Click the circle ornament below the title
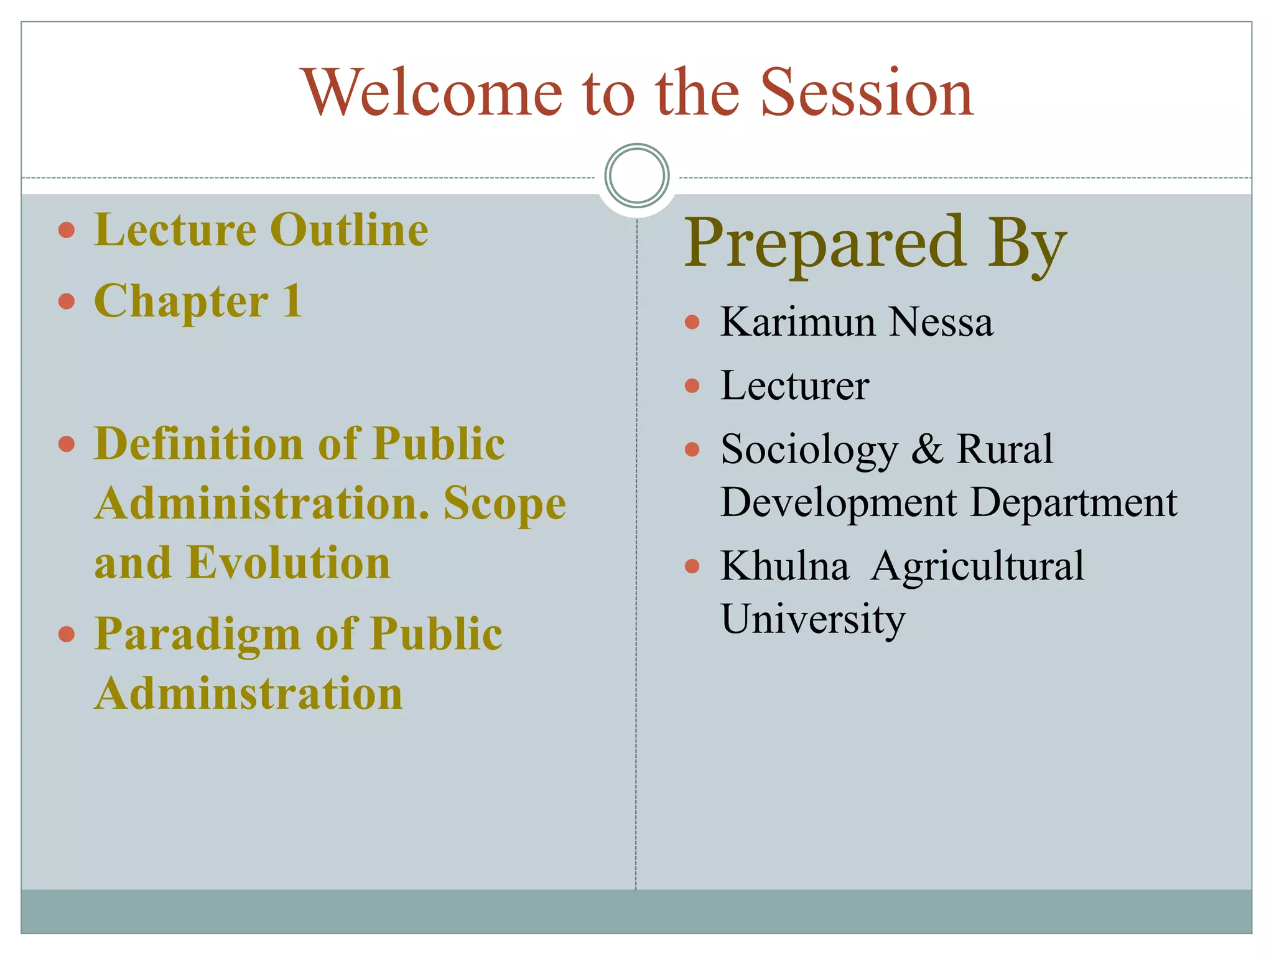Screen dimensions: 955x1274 point(636,175)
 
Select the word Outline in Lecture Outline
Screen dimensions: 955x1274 point(349,230)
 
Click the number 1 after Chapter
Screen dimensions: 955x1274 point(292,301)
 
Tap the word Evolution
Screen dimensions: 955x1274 point(289,563)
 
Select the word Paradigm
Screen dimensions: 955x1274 point(197,635)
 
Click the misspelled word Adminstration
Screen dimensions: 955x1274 point(248,693)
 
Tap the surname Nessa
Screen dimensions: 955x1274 point(941,322)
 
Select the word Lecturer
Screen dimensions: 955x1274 point(794,385)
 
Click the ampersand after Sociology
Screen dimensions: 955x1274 point(927,449)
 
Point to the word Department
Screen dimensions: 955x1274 point(1074,502)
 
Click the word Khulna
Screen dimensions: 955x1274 point(784,566)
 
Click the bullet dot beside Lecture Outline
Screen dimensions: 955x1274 point(67,231)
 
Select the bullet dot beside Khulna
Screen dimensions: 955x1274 point(692,566)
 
